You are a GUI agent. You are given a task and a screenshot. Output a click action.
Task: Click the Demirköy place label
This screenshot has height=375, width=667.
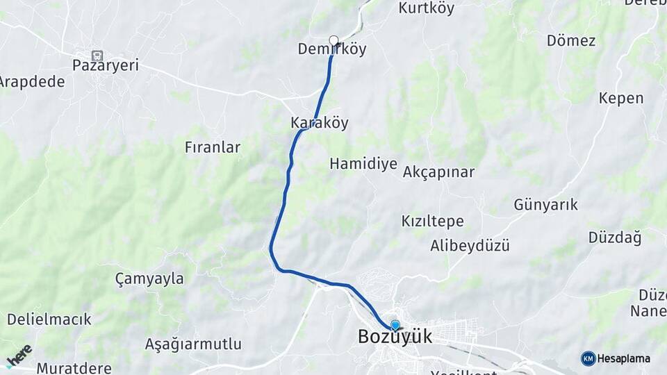point(331,49)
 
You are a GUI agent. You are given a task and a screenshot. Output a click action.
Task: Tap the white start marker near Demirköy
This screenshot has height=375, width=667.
point(333,40)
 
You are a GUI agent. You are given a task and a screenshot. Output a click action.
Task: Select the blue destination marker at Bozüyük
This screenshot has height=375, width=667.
point(395,325)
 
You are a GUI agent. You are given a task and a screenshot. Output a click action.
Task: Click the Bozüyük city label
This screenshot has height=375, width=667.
point(395,337)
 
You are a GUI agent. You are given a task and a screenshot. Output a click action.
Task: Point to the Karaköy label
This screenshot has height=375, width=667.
point(319,123)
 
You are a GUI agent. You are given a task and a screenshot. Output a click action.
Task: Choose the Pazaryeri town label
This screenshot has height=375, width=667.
point(106,65)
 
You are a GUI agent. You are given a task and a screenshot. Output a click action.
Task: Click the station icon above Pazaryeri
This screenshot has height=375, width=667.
point(97,54)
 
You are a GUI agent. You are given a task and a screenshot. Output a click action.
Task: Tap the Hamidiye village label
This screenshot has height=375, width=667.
point(363,164)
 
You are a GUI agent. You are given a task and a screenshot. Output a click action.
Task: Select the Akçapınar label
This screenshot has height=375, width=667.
point(438,172)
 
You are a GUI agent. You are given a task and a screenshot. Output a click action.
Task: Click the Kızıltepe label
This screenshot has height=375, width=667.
point(432,222)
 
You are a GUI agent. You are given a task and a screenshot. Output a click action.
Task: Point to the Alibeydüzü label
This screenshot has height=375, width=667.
point(470,246)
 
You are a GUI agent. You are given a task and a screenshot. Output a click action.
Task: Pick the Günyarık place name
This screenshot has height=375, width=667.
point(545,205)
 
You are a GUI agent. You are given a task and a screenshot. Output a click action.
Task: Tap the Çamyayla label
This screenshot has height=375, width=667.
point(149,279)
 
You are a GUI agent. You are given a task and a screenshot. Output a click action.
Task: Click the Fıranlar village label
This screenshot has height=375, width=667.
point(213,147)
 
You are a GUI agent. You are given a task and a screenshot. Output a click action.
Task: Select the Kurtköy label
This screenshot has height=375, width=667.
point(426,8)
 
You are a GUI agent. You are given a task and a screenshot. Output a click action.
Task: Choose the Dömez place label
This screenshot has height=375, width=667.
point(570,40)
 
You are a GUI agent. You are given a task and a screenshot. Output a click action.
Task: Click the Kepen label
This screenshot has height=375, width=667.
point(620,98)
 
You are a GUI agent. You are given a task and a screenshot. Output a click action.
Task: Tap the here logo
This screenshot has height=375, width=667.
point(19,356)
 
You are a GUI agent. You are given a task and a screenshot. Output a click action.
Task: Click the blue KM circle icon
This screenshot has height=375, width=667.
point(588,358)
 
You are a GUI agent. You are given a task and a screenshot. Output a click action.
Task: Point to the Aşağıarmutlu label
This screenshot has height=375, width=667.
point(193,344)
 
